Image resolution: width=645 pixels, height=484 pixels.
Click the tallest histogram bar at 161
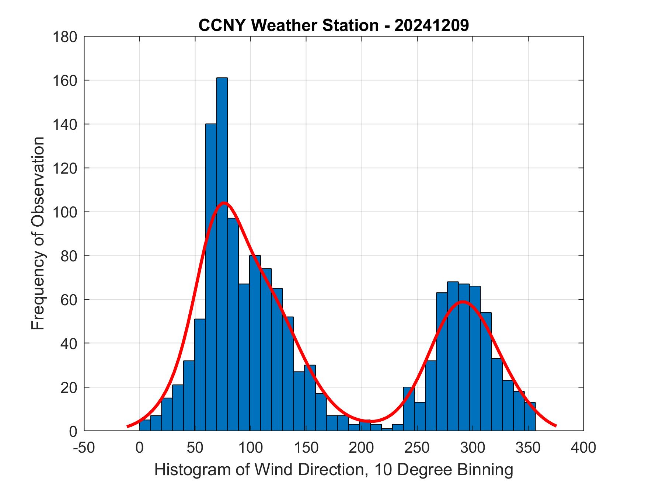222,254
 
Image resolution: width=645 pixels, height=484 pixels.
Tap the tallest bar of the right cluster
453,356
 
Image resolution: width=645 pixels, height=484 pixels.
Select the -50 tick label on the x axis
84,448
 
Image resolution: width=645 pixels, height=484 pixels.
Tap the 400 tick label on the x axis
583,448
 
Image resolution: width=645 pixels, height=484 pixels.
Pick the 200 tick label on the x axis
362,448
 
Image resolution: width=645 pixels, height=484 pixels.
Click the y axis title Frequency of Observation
38,234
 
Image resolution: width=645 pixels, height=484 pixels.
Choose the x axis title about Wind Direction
334,470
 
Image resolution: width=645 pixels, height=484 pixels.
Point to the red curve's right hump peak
463,302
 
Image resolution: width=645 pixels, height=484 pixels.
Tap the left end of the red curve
128,426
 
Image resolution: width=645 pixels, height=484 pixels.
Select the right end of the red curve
555,426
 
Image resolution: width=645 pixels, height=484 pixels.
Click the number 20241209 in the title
432,25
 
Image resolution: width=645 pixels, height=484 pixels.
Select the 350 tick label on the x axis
528,448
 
